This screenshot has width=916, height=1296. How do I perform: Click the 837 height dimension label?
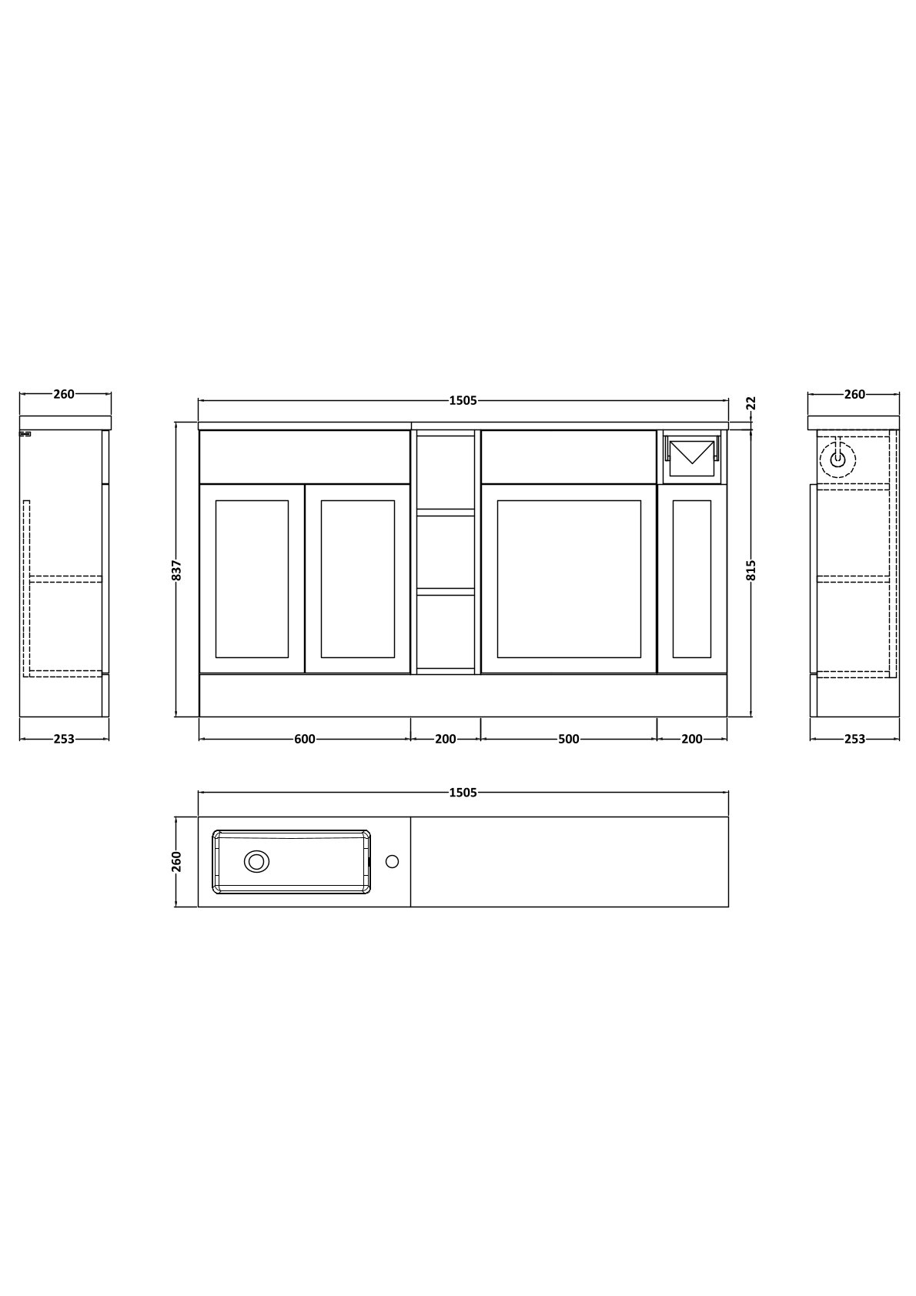tap(178, 570)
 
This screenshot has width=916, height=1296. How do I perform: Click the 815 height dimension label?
tap(751, 570)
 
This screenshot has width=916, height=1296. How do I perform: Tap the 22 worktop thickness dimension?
tap(751, 402)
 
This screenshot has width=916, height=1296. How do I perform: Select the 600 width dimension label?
tap(305, 739)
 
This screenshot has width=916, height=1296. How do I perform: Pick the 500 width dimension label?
tap(569, 739)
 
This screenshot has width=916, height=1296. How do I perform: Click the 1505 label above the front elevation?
tap(463, 400)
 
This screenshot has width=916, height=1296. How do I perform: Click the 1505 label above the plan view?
tap(463, 793)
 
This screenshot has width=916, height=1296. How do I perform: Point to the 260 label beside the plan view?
tap(177, 861)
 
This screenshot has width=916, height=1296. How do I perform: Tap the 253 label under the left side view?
tap(64, 739)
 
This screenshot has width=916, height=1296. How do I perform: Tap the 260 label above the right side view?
tap(854, 394)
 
